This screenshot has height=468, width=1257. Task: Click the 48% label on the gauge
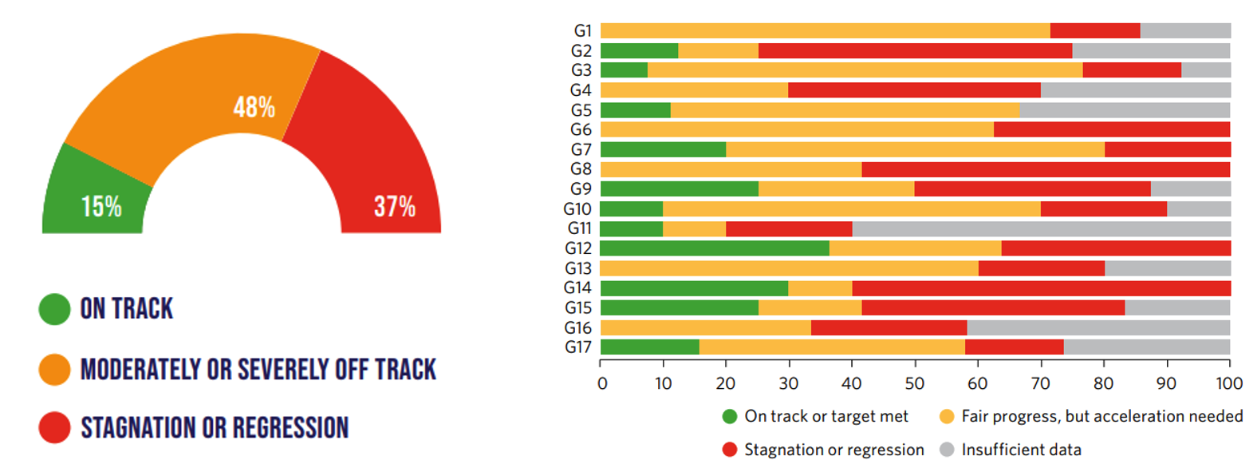[x=254, y=107]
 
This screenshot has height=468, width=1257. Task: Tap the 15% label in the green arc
[x=101, y=207]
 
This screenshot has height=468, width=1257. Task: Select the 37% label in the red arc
[x=395, y=207]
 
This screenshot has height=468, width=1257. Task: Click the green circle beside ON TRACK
[x=55, y=309]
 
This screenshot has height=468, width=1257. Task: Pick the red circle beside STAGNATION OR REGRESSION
[x=55, y=428]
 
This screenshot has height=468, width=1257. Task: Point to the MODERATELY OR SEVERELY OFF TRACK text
[x=258, y=369]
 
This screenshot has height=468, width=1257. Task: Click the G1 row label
[x=583, y=31]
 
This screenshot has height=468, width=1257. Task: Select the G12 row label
[x=578, y=248]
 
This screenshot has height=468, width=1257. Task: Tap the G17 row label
[x=578, y=347]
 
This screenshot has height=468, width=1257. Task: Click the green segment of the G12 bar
[x=715, y=248]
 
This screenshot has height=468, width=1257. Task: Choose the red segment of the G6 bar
[x=1111, y=129]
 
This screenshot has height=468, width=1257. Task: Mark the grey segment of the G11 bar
[x=1041, y=229]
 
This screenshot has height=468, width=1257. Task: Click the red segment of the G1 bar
[x=1094, y=31]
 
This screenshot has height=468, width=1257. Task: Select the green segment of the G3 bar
[x=624, y=70]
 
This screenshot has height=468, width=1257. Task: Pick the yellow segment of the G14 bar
[x=820, y=288]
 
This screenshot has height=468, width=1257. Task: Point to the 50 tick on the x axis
[x=914, y=383]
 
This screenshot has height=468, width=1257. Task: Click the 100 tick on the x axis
[x=1229, y=383]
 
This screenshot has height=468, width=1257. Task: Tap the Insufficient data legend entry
[x=1020, y=450]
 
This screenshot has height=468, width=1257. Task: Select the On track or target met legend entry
[x=826, y=416]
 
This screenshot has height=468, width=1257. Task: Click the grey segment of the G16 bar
[x=1098, y=328]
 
